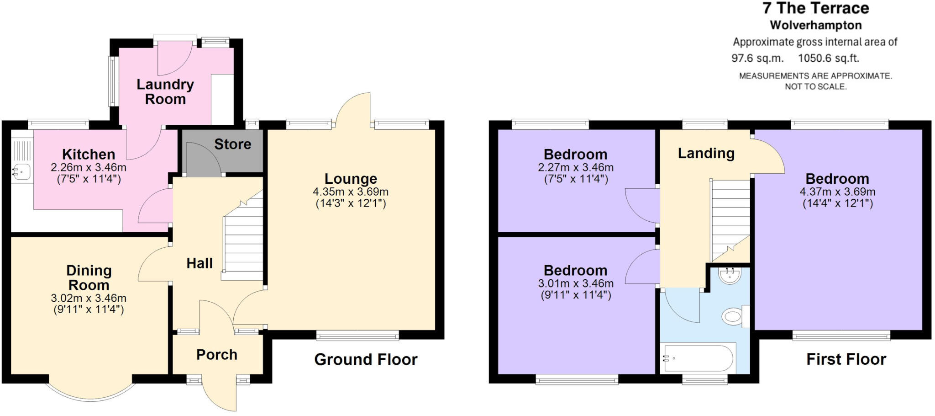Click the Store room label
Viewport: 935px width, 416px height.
pos(232,144)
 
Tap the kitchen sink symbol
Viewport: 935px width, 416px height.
pos(21,171)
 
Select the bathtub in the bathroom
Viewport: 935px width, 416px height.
pos(698,359)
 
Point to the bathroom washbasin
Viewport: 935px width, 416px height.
pos(729,276)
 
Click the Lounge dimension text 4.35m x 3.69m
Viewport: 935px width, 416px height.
pos(350,192)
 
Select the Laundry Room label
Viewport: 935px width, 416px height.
pos(165,91)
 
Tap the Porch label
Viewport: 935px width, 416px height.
pos(216,355)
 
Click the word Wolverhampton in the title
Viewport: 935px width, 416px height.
pos(815,25)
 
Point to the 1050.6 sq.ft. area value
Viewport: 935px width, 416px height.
pos(828,59)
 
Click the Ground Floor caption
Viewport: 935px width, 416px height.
pos(366,360)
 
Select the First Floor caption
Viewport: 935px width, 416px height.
pos(846,359)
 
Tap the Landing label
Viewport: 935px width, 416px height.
pos(706,154)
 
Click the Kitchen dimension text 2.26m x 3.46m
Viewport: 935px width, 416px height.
pos(89,167)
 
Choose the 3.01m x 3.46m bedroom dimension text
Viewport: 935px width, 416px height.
pos(576,283)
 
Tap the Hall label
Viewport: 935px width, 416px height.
pos(200,263)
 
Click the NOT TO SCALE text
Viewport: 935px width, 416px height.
pos(815,86)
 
